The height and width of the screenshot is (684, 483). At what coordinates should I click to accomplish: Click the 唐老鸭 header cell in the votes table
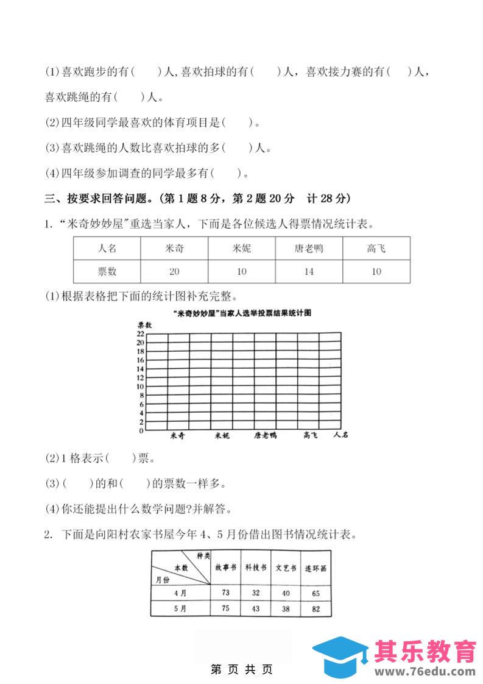click(x=309, y=248)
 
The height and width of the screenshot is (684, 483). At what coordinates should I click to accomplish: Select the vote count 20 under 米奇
click(x=174, y=271)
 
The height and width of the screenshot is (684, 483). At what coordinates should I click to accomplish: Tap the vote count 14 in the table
click(x=309, y=271)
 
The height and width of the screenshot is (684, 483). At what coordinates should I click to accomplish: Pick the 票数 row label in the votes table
click(x=107, y=271)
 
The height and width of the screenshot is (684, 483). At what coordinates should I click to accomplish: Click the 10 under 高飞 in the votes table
click(x=376, y=271)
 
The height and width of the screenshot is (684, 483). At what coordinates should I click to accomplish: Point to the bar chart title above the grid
click(x=242, y=313)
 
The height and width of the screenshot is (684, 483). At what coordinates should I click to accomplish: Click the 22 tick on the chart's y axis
click(x=140, y=334)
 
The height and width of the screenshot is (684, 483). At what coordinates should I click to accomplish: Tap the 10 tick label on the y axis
click(x=140, y=387)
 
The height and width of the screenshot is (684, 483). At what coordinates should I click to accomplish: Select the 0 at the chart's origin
click(x=141, y=431)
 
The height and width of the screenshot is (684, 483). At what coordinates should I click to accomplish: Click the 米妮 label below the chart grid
click(x=222, y=435)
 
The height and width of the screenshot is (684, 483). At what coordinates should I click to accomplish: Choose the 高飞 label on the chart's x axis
click(x=311, y=435)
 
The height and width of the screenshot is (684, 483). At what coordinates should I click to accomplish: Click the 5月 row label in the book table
click(x=180, y=608)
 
